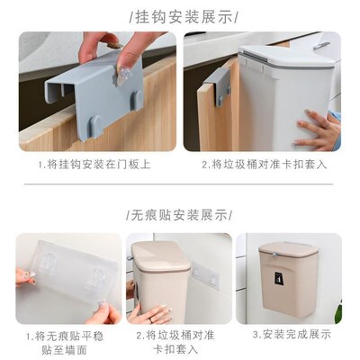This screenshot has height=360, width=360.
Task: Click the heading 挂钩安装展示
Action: tap(180, 17)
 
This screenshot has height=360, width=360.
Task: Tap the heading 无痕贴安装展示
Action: tap(180, 215)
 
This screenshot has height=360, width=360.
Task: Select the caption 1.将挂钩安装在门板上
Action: tap(95, 165)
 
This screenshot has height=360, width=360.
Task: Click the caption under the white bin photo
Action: tap(265, 165)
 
